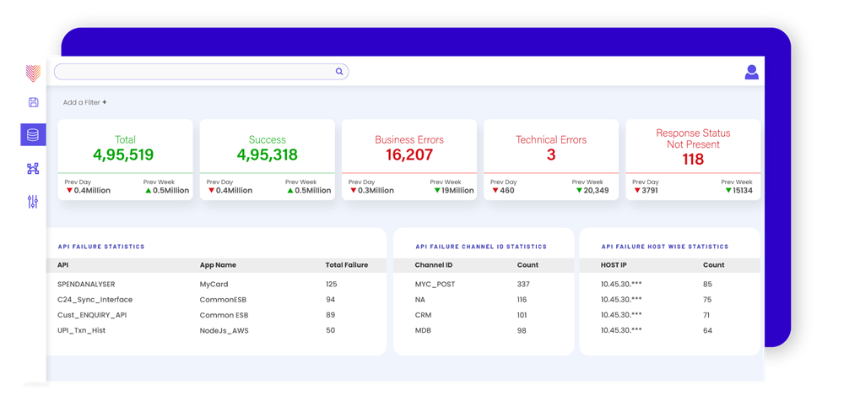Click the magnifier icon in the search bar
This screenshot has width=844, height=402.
point(339,72)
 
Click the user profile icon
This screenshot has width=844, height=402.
point(751,73)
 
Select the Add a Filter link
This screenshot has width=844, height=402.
point(84,102)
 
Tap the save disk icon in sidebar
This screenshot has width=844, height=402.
point(33,102)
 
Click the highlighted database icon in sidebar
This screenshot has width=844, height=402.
point(33,135)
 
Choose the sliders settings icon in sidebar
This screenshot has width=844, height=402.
point(33,202)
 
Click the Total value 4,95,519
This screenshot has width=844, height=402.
point(124,155)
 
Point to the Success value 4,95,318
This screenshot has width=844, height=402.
point(267,155)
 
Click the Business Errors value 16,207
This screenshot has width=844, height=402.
point(408,155)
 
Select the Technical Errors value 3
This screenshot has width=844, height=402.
point(550,155)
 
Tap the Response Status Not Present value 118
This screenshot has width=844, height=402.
point(692,159)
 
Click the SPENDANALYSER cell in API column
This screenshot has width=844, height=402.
point(85,285)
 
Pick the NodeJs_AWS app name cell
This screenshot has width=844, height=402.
point(225,330)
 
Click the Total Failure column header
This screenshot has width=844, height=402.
point(346,265)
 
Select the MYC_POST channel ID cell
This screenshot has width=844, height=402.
point(435,285)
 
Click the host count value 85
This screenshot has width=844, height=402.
point(707,285)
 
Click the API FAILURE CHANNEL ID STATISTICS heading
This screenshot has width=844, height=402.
point(481,247)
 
